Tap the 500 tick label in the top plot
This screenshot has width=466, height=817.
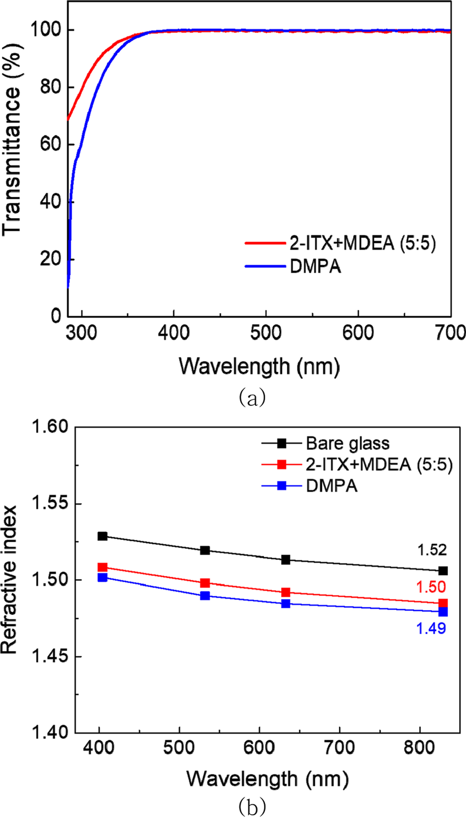pos(266,333)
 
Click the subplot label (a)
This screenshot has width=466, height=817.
pos(252,398)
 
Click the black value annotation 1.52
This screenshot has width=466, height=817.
pos(432,550)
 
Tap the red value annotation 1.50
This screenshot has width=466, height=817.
pos(431,587)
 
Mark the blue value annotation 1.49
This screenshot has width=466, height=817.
pos(431,628)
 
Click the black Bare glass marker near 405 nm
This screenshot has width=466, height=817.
pos(103,536)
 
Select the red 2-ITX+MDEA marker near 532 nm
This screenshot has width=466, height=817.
pos(205,583)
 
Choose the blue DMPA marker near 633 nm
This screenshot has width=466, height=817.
pos(286,603)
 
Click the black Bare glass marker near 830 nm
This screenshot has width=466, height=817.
pos(443,571)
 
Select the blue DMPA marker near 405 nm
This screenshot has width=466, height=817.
pos(103,577)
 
